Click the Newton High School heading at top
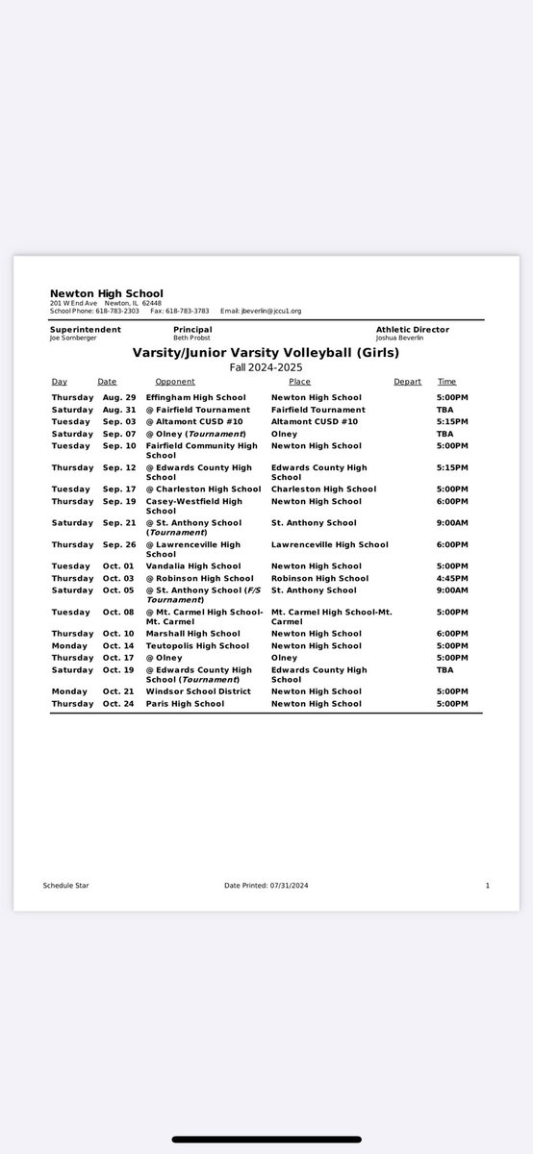tap(107, 293)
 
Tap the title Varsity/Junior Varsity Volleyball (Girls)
tap(265, 352)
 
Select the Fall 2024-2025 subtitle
tap(265, 366)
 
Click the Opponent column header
tap(175, 382)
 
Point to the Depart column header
tap(407, 382)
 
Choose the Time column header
tap(446, 382)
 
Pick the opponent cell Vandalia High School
tap(193, 566)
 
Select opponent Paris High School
tap(185, 704)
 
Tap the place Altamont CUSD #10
tap(315, 421)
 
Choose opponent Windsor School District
tap(198, 691)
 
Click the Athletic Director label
tap(412, 330)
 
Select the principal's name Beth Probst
tap(190, 339)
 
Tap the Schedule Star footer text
tap(65, 885)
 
